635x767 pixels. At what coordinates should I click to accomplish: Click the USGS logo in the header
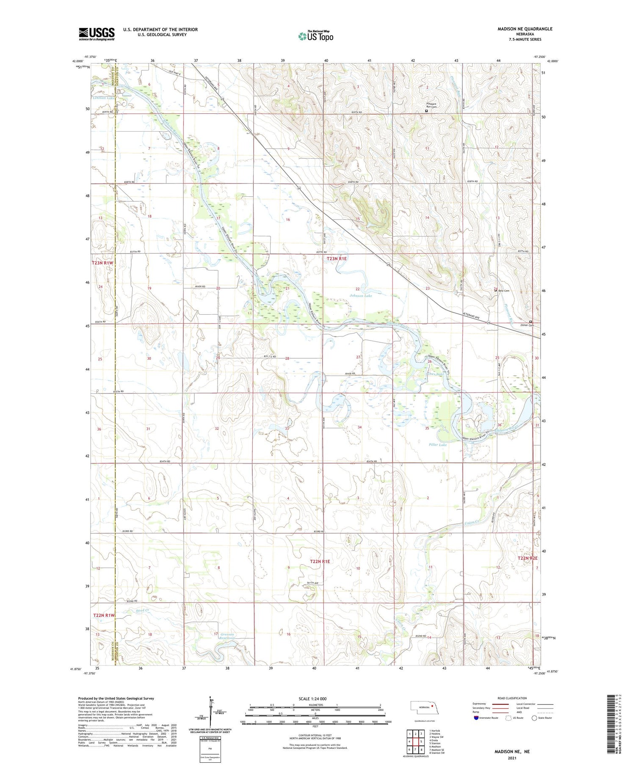97,34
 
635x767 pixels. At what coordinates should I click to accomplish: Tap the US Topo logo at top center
315,36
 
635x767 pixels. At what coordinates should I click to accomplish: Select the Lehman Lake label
103,98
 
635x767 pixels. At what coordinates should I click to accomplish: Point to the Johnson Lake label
361,296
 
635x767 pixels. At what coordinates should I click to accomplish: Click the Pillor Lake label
438,445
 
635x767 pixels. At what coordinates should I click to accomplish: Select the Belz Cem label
503,291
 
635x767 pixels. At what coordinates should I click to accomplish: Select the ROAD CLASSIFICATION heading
512,698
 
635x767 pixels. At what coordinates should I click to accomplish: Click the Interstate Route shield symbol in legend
476,718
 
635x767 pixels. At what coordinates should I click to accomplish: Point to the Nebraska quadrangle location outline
428,707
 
